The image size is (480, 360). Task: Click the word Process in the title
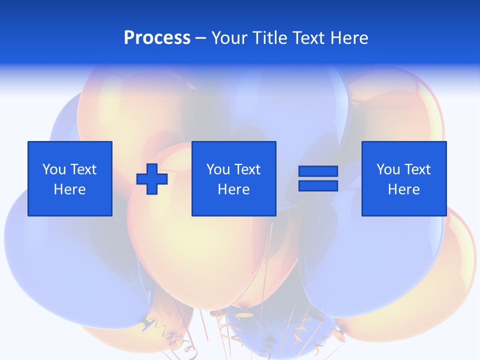[157, 38]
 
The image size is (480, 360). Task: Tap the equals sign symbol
[318, 178]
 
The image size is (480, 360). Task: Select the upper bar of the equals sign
[318, 171]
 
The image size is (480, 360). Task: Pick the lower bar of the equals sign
[318, 185]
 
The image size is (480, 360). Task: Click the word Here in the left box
[70, 189]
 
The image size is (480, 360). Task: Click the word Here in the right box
[404, 189]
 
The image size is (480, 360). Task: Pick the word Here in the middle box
[234, 189]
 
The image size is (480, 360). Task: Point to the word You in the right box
[388, 169]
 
